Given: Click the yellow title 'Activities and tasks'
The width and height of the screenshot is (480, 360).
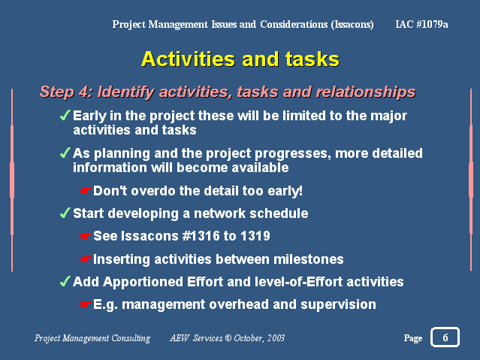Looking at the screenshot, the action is tap(240, 59).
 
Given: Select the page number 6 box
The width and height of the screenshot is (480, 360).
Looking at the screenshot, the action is tap(445, 337).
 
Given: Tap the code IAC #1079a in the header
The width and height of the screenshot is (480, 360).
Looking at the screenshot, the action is tap(422, 24).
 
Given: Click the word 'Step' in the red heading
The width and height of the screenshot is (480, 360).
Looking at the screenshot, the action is tap(57, 92).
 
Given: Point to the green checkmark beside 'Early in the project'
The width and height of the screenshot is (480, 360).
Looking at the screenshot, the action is tap(65, 115).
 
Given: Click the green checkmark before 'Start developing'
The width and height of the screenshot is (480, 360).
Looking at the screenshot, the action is tap(65, 213).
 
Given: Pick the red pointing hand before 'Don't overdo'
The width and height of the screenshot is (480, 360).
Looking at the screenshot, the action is tap(85, 191).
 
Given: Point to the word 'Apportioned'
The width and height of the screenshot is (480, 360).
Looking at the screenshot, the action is tap(143, 282).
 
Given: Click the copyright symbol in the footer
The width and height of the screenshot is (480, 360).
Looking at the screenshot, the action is tap(228, 338).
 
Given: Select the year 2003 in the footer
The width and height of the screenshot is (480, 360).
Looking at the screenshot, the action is tap(276, 338).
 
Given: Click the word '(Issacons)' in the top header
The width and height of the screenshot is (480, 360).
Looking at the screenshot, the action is tap(352, 24).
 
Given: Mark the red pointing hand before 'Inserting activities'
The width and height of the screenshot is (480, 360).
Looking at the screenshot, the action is tap(85, 259).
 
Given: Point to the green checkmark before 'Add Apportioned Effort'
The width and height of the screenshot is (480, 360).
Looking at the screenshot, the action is tap(65, 281).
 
